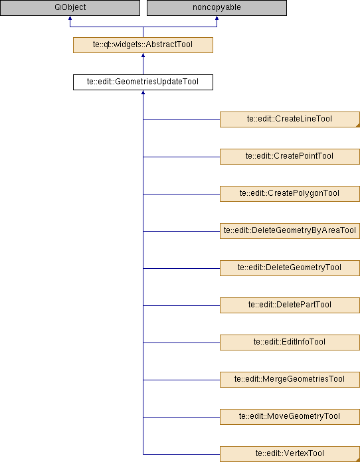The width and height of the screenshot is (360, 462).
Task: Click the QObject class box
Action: (x=70, y=8)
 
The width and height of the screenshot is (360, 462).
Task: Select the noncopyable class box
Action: (x=217, y=8)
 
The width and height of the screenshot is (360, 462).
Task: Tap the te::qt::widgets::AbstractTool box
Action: (x=143, y=45)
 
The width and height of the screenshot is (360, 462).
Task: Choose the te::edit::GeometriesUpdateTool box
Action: (x=143, y=82)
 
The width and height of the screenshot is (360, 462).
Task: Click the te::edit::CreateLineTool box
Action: (x=290, y=119)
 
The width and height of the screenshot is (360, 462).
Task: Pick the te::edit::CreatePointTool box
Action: (x=290, y=157)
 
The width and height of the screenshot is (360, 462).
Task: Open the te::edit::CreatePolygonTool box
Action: (x=290, y=194)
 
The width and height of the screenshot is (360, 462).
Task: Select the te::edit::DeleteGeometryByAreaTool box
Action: (x=290, y=231)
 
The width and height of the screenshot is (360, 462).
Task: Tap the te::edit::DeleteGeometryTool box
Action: (x=290, y=268)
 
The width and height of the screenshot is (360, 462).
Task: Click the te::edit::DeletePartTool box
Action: (x=290, y=305)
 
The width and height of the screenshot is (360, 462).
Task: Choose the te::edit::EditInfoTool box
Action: (x=290, y=342)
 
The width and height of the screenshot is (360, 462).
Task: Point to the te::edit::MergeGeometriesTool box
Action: (x=290, y=379)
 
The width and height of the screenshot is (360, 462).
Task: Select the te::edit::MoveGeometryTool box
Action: (x=290, y=416)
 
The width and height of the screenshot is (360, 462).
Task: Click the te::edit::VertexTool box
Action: (x=290, y=454)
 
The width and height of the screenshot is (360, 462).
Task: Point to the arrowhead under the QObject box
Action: (x=70, y=18)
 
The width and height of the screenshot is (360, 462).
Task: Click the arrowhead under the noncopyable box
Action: (x=217, y=18)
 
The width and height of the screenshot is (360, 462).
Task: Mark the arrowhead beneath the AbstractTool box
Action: (x=143, y=55)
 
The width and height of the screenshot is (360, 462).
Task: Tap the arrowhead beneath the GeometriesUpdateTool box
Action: (x=143, y=92)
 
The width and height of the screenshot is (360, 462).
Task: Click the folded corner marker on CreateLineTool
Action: (x=358, y=125)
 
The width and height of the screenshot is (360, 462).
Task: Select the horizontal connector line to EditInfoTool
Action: (x=181, y=343)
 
